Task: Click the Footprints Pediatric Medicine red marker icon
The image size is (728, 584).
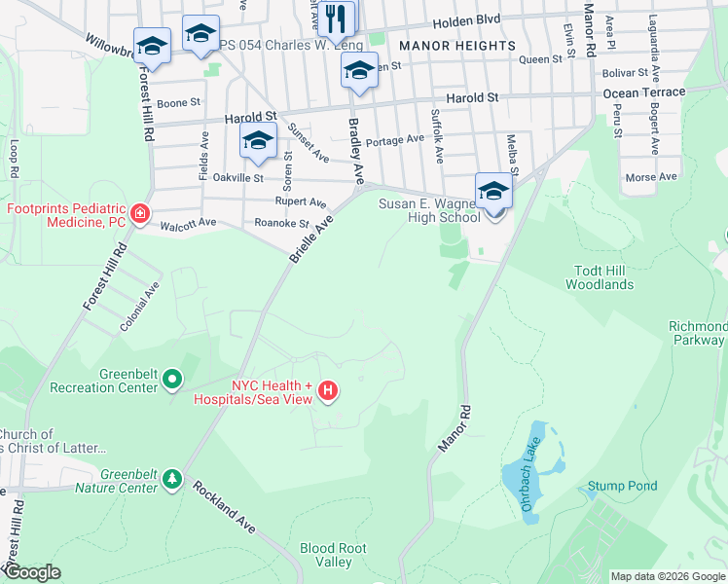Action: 140,214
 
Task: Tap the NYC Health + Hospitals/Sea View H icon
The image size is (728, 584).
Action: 328,391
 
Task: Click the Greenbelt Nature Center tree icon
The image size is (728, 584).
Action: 172,479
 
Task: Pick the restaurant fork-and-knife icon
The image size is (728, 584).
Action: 338,17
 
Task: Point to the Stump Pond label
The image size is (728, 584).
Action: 622,486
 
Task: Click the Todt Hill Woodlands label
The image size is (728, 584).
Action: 600,277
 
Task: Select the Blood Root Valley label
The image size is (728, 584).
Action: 333,555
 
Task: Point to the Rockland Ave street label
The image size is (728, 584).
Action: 223,506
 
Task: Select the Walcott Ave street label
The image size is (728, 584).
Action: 188,225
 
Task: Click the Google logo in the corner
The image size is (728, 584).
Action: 32,572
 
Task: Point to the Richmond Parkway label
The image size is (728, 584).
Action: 698,334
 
